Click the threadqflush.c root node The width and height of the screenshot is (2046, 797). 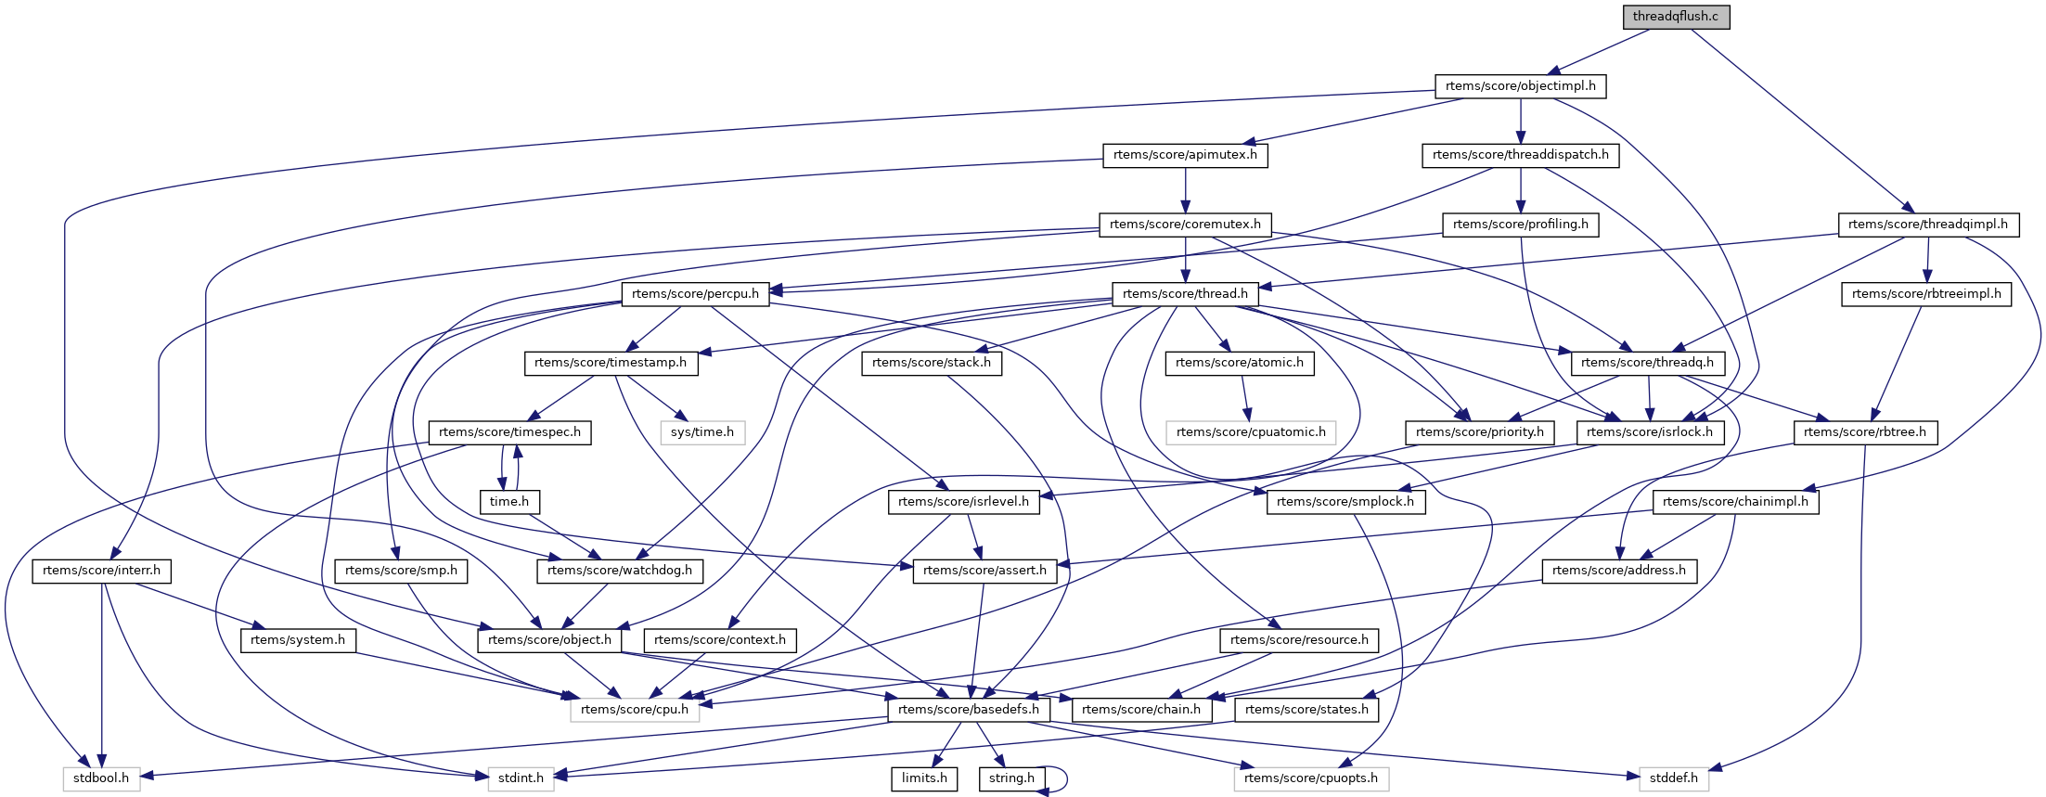1675,17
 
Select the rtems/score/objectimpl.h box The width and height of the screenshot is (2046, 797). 1520,86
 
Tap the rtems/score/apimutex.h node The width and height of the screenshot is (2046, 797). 1185,155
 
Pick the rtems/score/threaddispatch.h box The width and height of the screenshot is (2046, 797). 1520,155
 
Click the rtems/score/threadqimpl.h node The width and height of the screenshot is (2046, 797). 1927,225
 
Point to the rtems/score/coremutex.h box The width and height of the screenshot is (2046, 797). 1185,225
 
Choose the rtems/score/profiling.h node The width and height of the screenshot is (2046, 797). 1520,225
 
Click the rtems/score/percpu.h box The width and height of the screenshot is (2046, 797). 695,294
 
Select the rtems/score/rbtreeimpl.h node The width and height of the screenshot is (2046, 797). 1926,294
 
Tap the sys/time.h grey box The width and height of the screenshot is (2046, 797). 701,432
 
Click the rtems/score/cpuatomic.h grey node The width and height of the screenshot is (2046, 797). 1251,432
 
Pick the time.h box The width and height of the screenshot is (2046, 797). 509,502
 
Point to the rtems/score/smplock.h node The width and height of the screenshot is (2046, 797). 1345,502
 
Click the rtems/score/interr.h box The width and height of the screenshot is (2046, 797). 101,571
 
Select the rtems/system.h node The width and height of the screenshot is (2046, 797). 298,640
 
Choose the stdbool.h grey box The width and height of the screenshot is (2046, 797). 101,778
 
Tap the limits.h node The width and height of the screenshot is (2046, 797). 924,778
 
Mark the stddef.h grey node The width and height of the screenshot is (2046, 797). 1674,778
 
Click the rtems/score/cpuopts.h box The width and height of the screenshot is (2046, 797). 1310,778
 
